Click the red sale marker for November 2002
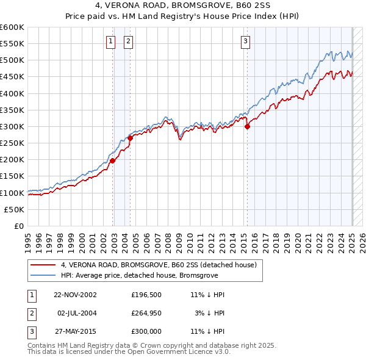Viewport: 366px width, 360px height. click(113, 161)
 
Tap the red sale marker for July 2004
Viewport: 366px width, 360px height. click(130, 139)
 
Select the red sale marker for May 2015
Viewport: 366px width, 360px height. click(247, 127)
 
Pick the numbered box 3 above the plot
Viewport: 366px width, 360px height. click(245, 41)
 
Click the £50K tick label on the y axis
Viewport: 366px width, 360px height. click(15, 209)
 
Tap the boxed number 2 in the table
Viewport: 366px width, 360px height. click(31, 313)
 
